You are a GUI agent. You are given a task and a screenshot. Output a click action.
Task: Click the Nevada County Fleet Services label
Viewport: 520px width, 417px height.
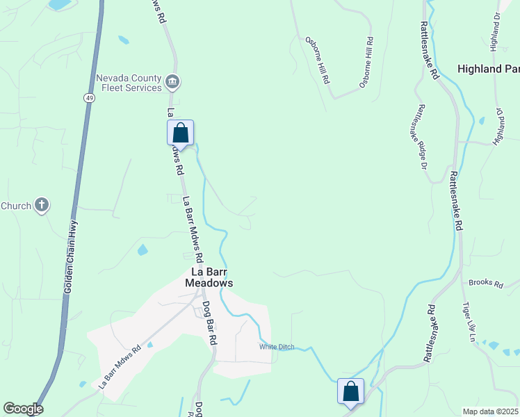[x=129, y=83]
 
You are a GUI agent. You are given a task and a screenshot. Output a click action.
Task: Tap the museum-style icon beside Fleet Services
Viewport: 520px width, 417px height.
[x=172, y=83]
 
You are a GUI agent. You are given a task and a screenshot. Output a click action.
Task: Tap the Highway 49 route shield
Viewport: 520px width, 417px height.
[x=90, y=99]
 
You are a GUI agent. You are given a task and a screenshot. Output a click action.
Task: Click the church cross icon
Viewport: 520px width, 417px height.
[x=42, y=205]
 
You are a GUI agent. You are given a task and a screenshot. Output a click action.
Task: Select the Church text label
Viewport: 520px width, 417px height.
[x=15, y=206]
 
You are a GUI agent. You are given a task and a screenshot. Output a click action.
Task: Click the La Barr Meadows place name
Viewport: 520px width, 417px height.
[x=209, y=278]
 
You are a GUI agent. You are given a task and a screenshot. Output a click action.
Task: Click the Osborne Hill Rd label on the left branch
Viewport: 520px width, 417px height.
[x=317, y=60]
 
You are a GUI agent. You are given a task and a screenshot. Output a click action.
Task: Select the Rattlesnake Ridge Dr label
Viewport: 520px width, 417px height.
[x=421, y=137]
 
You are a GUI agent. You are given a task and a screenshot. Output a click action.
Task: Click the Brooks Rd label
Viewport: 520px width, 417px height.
[x=485, y=282]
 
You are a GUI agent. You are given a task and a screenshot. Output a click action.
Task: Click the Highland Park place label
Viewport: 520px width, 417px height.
[x=489, y=69]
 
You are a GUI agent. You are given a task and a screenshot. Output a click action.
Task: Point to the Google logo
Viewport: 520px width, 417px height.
[x=23, y=409]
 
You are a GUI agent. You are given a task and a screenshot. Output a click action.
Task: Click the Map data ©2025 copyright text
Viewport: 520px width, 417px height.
[x=491, y=411]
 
